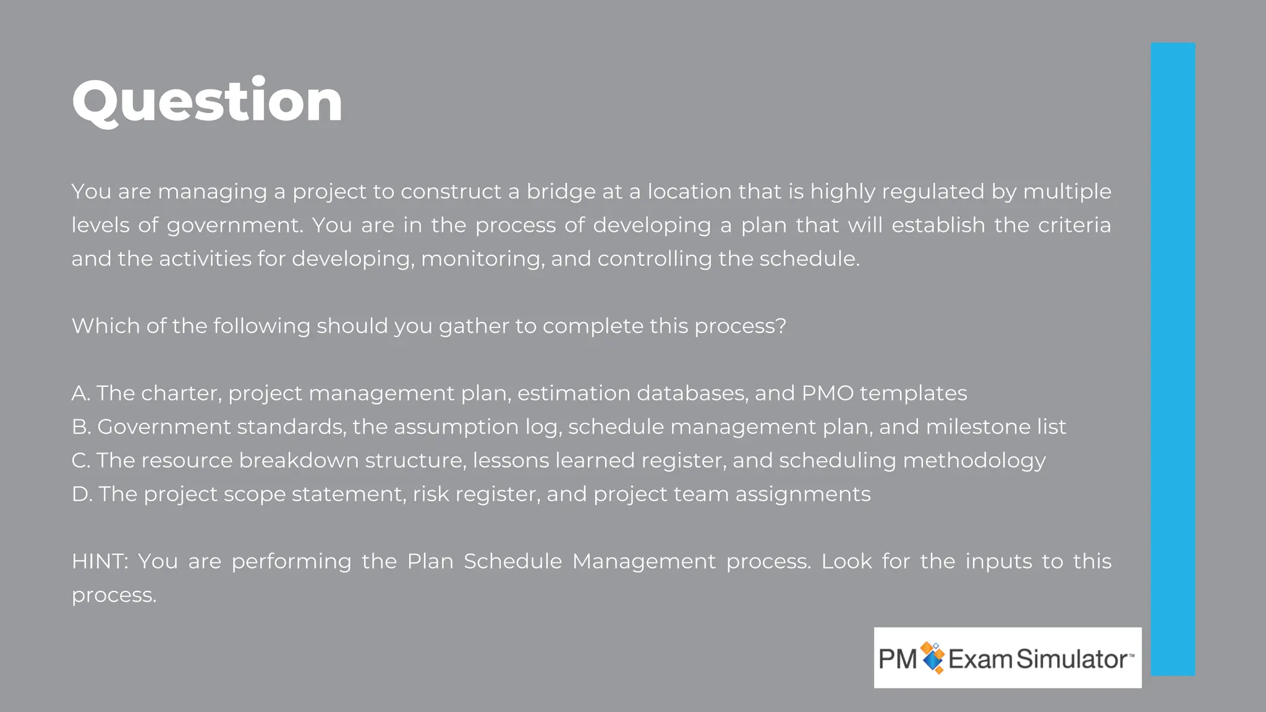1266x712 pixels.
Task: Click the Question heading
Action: tap(207, 101)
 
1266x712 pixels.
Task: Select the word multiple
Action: tap(1067, 192)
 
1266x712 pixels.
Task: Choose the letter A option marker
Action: tap(80, 393)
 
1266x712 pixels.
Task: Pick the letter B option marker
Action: tap(80, 427)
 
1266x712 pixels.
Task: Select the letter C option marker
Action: tap(80, 460)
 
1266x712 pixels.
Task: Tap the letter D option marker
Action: tap(81, 494)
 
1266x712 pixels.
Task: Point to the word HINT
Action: tap(99, 561)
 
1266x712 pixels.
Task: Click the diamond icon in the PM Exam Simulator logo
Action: tap(933, 658)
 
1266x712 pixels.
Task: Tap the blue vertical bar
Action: tap(1173, 358)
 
